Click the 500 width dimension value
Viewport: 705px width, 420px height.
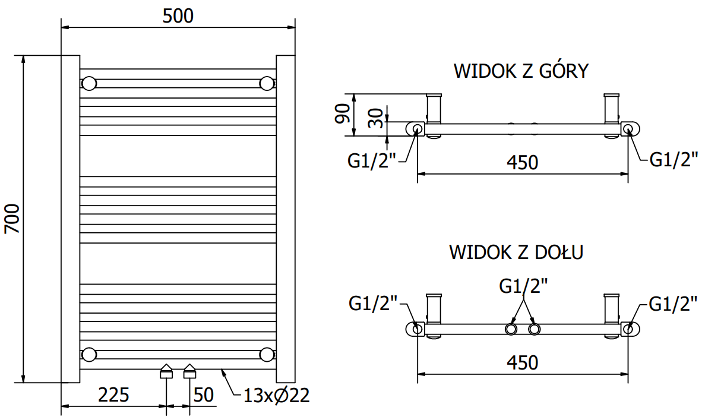click(178, 16)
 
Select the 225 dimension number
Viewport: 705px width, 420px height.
click(113, 395)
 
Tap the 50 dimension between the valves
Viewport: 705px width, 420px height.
click(204, 395)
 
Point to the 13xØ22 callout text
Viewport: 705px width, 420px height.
click(277, 396)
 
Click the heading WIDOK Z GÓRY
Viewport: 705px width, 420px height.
click(521, 71)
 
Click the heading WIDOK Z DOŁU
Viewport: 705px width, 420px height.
click(516, 252)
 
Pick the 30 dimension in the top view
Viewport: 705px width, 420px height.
click(375, 118)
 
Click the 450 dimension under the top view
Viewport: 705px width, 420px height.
click(522, 162)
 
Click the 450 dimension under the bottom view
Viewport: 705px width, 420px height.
click(522, 362)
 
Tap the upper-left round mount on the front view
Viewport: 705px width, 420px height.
click(89, 83)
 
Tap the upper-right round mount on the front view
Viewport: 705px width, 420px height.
click(267, 83)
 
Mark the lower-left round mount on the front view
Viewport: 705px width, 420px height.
click(89, 355)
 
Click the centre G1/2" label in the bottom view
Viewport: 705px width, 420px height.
click(523, 286)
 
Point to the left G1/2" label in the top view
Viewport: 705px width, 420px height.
click(372, 161)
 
